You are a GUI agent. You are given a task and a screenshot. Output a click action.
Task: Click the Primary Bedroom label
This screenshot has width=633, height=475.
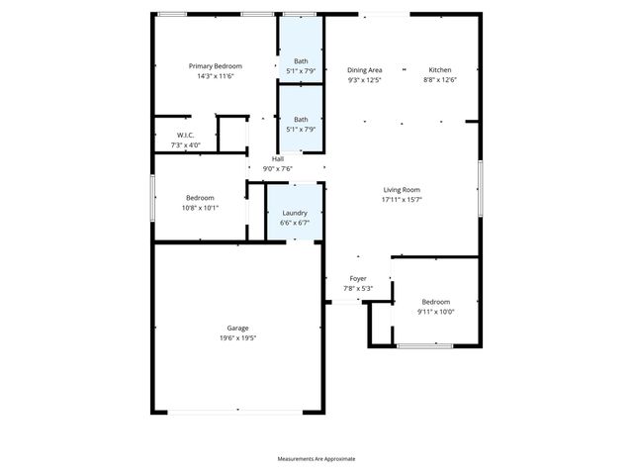[x=216, y=66]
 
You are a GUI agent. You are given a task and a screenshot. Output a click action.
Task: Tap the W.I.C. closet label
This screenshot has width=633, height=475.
[x=185, y=135]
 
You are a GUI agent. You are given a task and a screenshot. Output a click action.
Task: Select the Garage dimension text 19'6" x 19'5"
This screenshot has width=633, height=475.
[x=237, y=337]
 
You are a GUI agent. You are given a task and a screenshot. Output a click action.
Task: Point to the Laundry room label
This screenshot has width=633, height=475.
[x=295, y=213]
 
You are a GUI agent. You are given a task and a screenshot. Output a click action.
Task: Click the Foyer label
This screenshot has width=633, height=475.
[x=358, y=279]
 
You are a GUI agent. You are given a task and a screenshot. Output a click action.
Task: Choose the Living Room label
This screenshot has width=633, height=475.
[x=403, y=189]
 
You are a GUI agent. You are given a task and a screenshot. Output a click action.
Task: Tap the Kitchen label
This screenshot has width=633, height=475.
[x=440, y=70]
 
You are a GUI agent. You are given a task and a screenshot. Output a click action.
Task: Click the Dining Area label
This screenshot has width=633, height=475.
[x=365, y=70]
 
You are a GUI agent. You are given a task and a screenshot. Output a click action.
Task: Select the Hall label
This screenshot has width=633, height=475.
[x=278, y=159]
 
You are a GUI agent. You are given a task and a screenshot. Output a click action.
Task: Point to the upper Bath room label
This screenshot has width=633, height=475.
[x=301, y=61]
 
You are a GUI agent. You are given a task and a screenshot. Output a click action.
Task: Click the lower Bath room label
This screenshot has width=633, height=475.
[x=301, y=120]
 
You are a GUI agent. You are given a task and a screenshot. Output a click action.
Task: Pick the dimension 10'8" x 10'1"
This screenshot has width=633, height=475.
[x=201, y=208]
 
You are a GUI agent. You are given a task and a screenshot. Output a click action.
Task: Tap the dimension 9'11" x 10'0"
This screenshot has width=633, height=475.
[x=436, y=312]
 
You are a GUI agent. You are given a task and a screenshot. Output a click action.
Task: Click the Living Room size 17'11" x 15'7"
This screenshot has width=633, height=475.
[x=403, y=199]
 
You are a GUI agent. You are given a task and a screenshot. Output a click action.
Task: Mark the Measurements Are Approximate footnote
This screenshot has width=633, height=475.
[x=316, y=459]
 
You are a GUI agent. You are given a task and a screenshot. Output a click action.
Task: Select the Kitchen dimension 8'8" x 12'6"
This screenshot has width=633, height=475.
[x=440, y=80]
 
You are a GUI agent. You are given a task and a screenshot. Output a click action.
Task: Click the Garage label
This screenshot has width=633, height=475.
[x=237, y=328]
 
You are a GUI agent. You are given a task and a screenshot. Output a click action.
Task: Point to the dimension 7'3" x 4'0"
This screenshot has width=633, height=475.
[x=185, y=145]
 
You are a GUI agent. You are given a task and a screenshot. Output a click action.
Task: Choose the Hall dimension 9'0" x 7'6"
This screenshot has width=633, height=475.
[x=278, y=169]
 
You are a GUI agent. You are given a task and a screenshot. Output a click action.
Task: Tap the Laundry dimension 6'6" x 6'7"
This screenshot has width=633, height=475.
[x=295, y=223]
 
